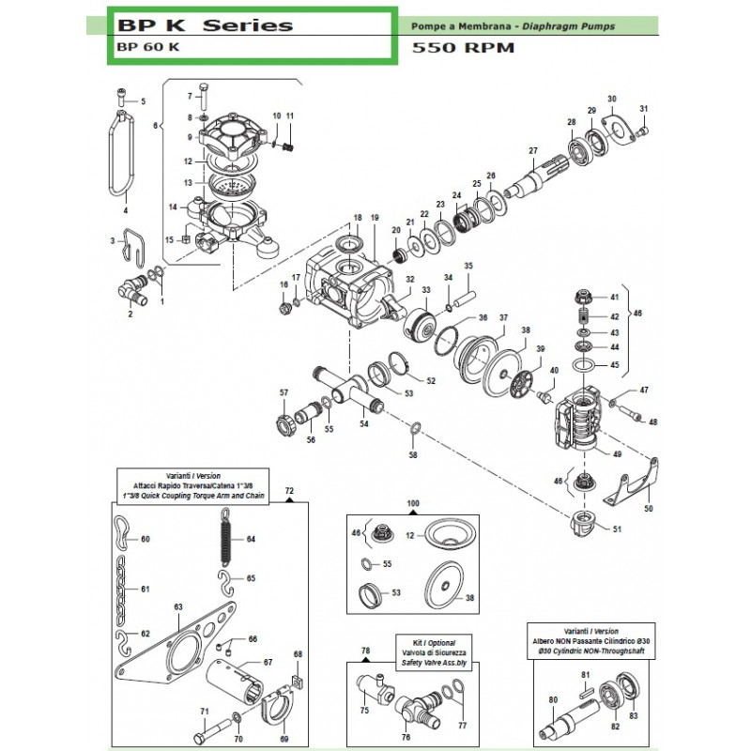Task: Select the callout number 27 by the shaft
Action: [x=532, y=151]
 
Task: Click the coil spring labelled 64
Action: [x=225, y=539]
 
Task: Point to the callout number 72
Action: [x=289, y=490]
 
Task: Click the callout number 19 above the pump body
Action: [x=375, y=218]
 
